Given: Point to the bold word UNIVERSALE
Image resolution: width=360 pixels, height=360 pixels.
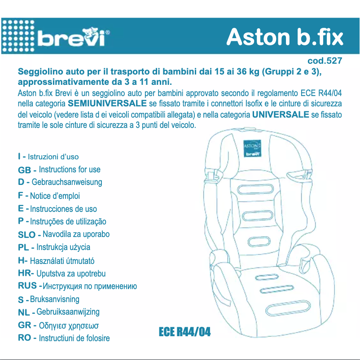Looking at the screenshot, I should click(281, 114).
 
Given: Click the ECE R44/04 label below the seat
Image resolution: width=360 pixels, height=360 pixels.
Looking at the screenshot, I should click(184, 332).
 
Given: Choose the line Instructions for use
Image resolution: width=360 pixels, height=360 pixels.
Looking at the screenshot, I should click(70, 170).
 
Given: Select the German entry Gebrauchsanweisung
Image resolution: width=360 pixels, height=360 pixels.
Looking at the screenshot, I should click(67, 182).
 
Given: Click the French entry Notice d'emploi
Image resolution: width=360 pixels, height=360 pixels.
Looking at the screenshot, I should click(55, 196).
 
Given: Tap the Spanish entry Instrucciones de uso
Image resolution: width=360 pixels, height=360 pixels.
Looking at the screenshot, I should click(63, 209).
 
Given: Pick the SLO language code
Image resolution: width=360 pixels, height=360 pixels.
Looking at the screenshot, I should click(26, 235).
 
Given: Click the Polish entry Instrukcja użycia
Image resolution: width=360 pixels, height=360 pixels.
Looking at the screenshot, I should click(63, 247).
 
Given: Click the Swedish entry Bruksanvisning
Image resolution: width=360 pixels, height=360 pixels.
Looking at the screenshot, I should click(54, 299).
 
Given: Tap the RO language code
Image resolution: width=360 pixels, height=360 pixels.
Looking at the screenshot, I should click(25, 338).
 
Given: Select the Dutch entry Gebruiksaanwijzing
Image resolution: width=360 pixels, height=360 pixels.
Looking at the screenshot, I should click(68, 312).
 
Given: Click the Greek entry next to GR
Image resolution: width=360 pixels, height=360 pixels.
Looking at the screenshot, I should click(69, 325).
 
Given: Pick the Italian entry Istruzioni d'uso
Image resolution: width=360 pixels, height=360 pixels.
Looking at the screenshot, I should click(53, 157).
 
